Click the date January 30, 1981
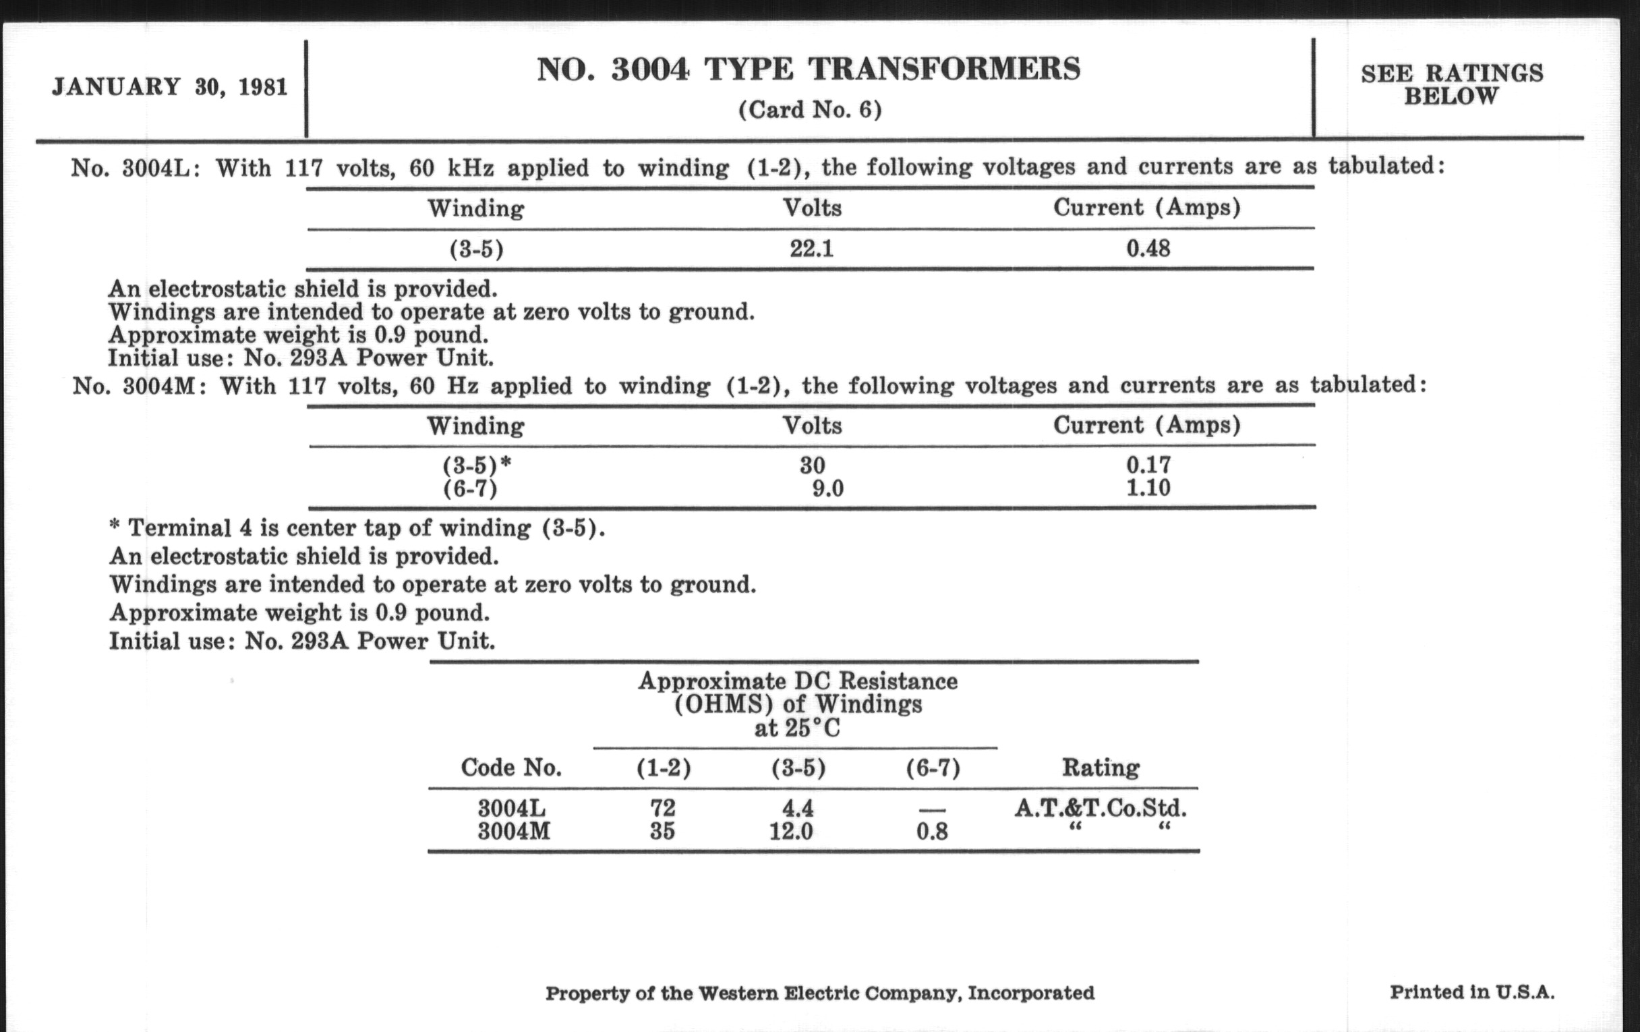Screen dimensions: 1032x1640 [169, 87]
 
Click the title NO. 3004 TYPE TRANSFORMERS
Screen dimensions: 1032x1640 [809, 69]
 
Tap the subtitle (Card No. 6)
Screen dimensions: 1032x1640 [810, 110]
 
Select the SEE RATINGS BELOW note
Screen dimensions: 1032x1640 [1451, 84]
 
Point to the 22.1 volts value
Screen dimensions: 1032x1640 [811, 249]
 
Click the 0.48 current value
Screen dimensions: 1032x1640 [1148, 249]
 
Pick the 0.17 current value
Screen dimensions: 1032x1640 [1148, 465]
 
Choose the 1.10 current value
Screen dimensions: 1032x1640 [1148, 488]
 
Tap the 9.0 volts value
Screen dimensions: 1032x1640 [827, 488]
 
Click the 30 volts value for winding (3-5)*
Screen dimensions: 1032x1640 [813, 465]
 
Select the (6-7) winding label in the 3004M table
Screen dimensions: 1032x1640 [470, 488]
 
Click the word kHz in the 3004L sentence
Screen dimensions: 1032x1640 [470, 167]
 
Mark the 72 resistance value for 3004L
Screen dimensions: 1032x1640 [663, 808]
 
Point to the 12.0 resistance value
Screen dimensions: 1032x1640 [791, 832]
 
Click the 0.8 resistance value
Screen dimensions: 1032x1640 [932, 832]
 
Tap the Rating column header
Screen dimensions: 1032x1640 [1101, 768]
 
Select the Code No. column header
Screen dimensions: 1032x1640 [510, 768]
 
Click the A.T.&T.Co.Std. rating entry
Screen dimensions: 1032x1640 [1101, 809]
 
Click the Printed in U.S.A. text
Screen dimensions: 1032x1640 [1472, 992]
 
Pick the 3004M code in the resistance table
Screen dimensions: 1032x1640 [514, 832]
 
